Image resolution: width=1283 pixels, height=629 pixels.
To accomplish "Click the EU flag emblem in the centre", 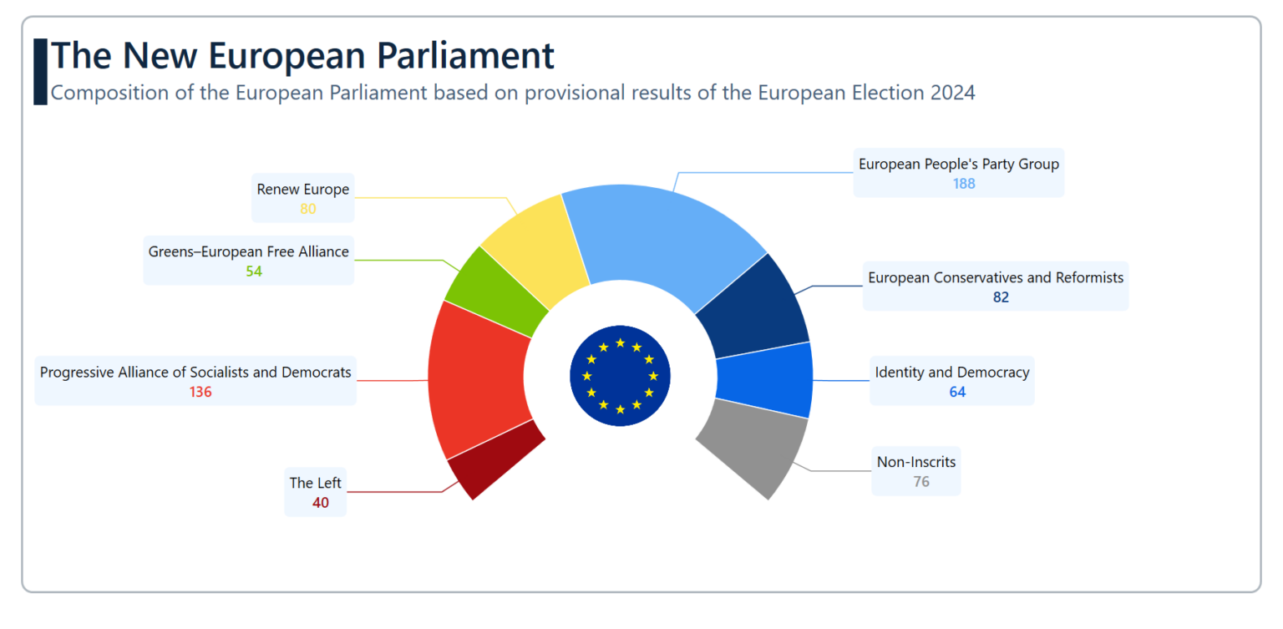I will pyautogui.click(x=620, y=375).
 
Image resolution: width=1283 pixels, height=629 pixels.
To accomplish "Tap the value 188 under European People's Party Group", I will pyautogui.click(x=964, y=184).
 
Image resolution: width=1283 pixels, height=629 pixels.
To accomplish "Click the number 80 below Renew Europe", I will pyautogui.click(x=308, y=209).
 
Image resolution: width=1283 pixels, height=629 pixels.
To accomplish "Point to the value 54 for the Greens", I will pyautogui.click(x=254, y=271).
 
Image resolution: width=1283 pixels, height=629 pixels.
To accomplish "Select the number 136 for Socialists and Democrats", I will pyautogui.click(x=200, y=392).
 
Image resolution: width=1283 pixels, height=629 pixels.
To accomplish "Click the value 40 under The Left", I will pyautogui.click(x=321, y=503).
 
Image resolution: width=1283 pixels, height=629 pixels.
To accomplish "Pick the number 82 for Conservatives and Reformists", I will pyautogui.click(x=1001, y=297).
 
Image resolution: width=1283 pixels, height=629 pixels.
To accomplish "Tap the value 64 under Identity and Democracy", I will pyautogui.click(x=957, y=392).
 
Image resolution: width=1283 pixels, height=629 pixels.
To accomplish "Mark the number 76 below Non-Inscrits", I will pyautogui.click(x=921, y=482).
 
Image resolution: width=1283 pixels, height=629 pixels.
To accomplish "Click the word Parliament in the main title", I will pyautogui.click(x=465, y=55).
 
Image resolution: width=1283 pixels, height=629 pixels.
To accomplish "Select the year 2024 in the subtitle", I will pyautogui.click(x=953, y=93).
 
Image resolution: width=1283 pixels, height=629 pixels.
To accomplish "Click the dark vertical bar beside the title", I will pyautogui.click(x=40, y=72).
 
